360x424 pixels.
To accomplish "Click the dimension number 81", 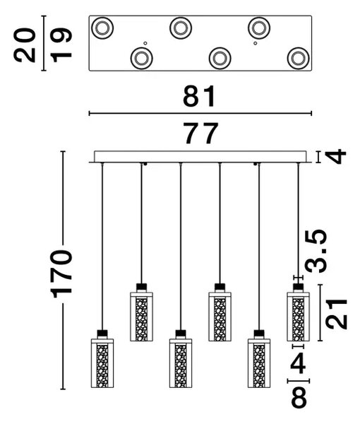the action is point(199,96).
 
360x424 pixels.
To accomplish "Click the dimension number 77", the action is point(200,133).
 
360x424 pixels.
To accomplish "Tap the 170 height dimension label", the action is point(61,273).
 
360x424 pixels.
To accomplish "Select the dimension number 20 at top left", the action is point(25,45).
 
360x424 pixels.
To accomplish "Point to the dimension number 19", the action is point(61,45).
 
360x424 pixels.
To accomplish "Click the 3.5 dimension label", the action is point(316,251).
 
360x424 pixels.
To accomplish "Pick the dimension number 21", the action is point(336,314).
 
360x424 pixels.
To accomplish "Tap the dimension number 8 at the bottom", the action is point(299,397).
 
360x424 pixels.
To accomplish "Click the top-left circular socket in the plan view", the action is point(102,28).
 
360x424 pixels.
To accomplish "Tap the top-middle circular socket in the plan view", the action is point(181,28).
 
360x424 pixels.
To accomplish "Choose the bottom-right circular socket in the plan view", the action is point(298,59).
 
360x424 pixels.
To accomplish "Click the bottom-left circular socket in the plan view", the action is point(141,58).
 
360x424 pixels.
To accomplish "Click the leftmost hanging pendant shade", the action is point(102,363).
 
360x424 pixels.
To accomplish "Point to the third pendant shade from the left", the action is point(181,363).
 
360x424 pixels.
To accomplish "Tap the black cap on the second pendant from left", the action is point(141,286).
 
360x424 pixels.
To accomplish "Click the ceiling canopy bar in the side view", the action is point(200,157).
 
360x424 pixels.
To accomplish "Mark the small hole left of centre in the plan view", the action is point(145,43).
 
